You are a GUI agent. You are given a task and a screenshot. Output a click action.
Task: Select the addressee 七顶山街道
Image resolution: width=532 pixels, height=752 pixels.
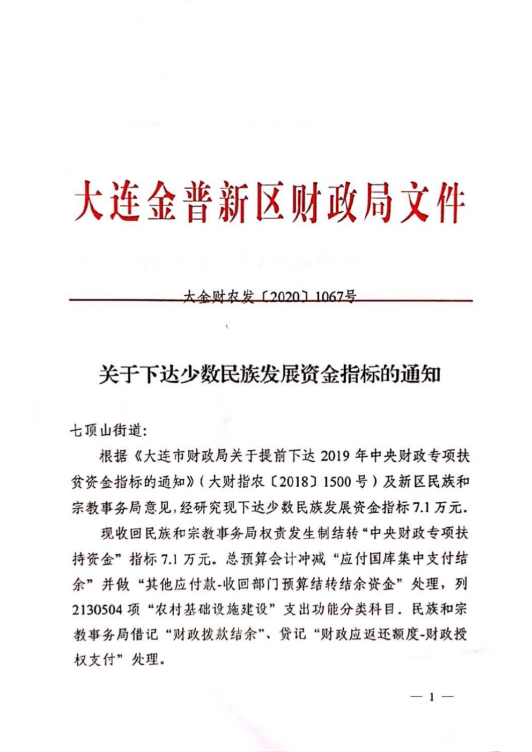(x=105, y=430)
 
